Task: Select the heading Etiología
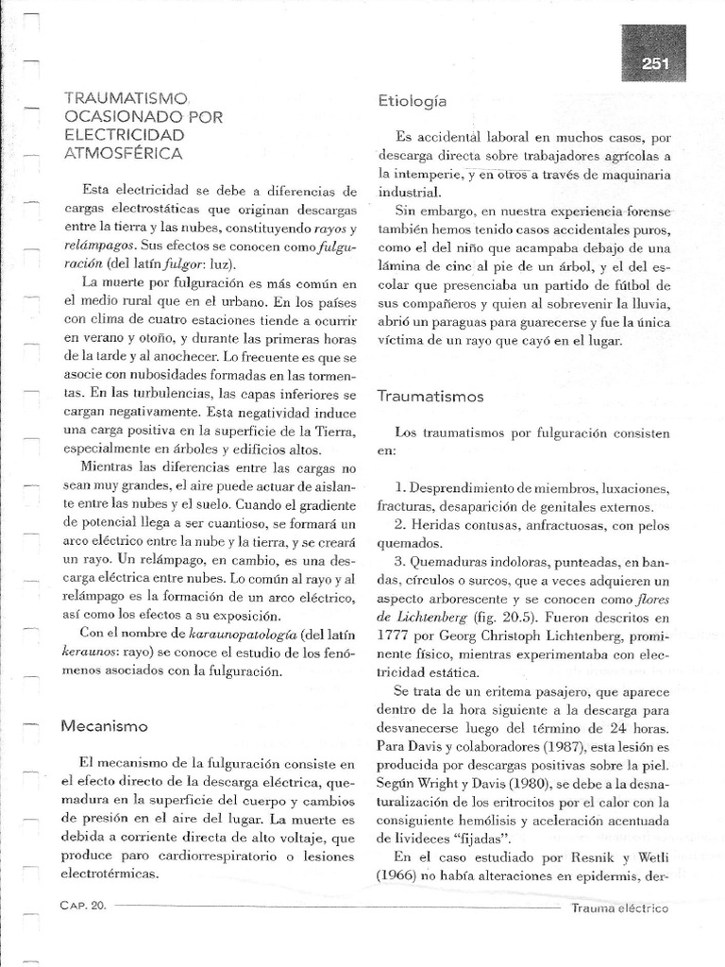coord(412,100)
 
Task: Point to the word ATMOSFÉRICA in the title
coord(123,151)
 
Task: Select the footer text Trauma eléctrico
coord(620,908)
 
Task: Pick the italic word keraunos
coord(89,652)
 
